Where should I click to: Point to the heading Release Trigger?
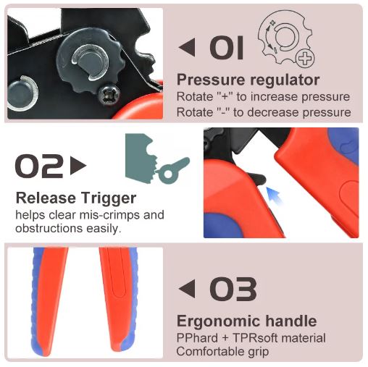tap(75, 198)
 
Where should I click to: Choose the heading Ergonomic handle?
tap(246, 321)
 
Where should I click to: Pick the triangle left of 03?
tap(188, 290)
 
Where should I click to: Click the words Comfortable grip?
tap(223, 352)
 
